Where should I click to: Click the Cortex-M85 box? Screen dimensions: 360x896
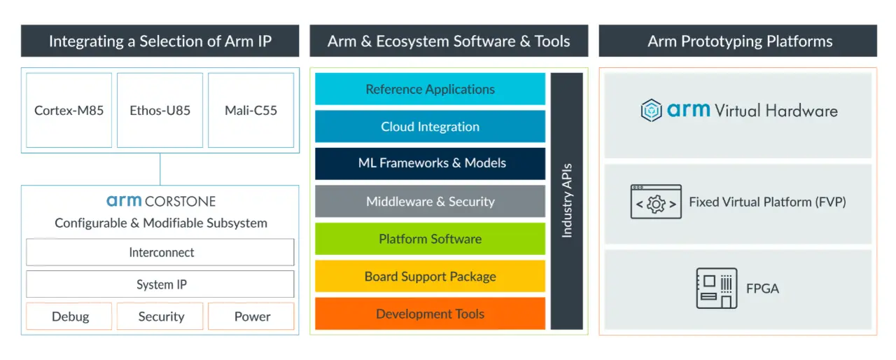(x=69, y=110)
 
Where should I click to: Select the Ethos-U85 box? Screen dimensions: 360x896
(x=160, y=110)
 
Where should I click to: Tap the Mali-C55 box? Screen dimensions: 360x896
(x=251, y=110)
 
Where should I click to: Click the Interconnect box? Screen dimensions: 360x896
(x=160, y=252)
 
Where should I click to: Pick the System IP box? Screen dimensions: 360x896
(x=160, y=284)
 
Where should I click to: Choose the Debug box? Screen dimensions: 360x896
(x=69, y=317)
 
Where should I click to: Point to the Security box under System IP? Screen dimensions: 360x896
(x=160, y=317)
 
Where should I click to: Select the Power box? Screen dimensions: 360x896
(x=251, y=317)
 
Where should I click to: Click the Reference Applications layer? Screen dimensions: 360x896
(x=430, y=89)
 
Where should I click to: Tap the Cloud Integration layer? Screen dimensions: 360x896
(x=430, y=127)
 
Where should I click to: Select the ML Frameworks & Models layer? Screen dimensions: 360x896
(x=430, y=163)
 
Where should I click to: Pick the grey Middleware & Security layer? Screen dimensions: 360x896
(x=430, y=202)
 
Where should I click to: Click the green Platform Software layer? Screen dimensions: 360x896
(x=430, y=239)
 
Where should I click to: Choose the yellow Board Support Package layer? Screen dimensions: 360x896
(x=430, y=276)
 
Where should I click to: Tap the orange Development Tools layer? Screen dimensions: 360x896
(x=430, y=314)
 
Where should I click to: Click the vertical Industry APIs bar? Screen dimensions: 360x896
(x=567, y=201)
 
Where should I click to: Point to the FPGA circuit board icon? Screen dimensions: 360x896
(x=717, y=288)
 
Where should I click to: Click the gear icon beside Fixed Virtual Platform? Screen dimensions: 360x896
(x=656, y=202)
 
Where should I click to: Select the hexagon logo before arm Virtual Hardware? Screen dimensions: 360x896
(x=652, y=110)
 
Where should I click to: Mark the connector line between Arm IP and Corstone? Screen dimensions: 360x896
(x=160, y=169)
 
